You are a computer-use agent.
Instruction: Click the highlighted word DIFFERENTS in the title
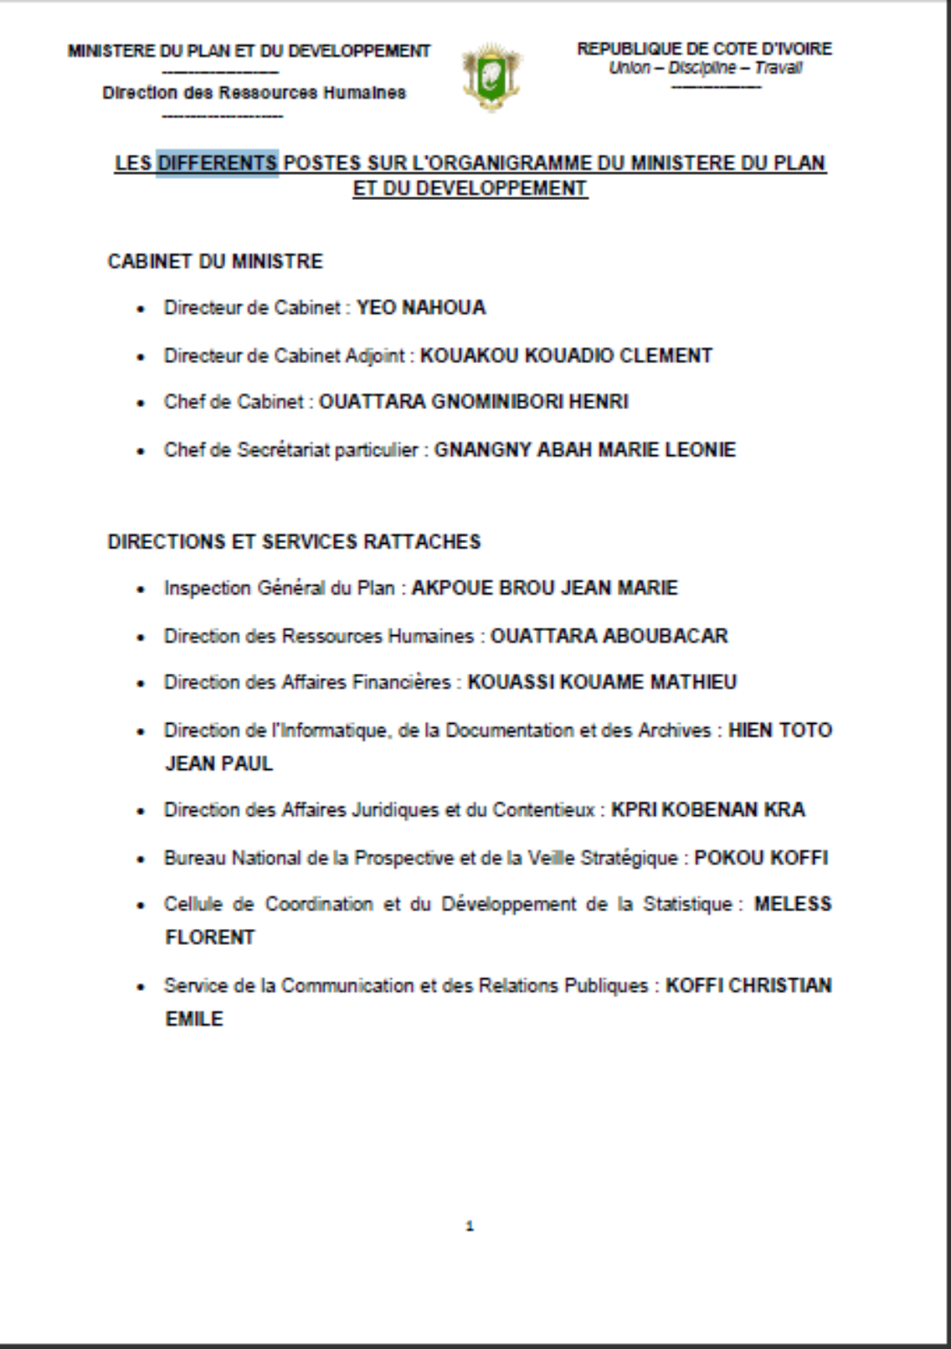[x=218, y=162]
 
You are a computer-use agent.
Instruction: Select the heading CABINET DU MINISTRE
[x=215, y=261]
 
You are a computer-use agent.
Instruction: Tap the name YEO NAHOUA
[x=421, y=308]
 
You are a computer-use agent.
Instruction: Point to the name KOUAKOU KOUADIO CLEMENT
[x=566, y=356]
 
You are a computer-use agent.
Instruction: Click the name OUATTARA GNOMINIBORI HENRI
[x=474, y=403]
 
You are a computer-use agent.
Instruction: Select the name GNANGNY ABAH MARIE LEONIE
[x=585, y=450]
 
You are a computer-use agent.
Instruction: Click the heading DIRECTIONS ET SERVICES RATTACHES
[x=294, y=542]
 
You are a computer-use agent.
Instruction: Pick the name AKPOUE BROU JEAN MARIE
[x=545, y=588]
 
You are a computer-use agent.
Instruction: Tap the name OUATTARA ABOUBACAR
[x=609, y=636]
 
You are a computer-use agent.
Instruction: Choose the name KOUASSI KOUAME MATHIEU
[x=602, y=683]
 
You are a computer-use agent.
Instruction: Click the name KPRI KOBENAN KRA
[x=708, y=810]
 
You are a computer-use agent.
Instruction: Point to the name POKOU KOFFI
[x=761, y=858]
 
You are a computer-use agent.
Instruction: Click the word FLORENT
[x=210, y=937]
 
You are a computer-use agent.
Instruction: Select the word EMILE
[x=194, y=1019]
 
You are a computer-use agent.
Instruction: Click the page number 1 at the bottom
[x=470, y=1227]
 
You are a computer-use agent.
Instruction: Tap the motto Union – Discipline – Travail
[x=705, y=68]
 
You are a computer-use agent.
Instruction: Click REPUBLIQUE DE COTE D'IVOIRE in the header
[x=704, y=49]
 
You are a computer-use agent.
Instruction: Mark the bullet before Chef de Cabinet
[x=141, y=403]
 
